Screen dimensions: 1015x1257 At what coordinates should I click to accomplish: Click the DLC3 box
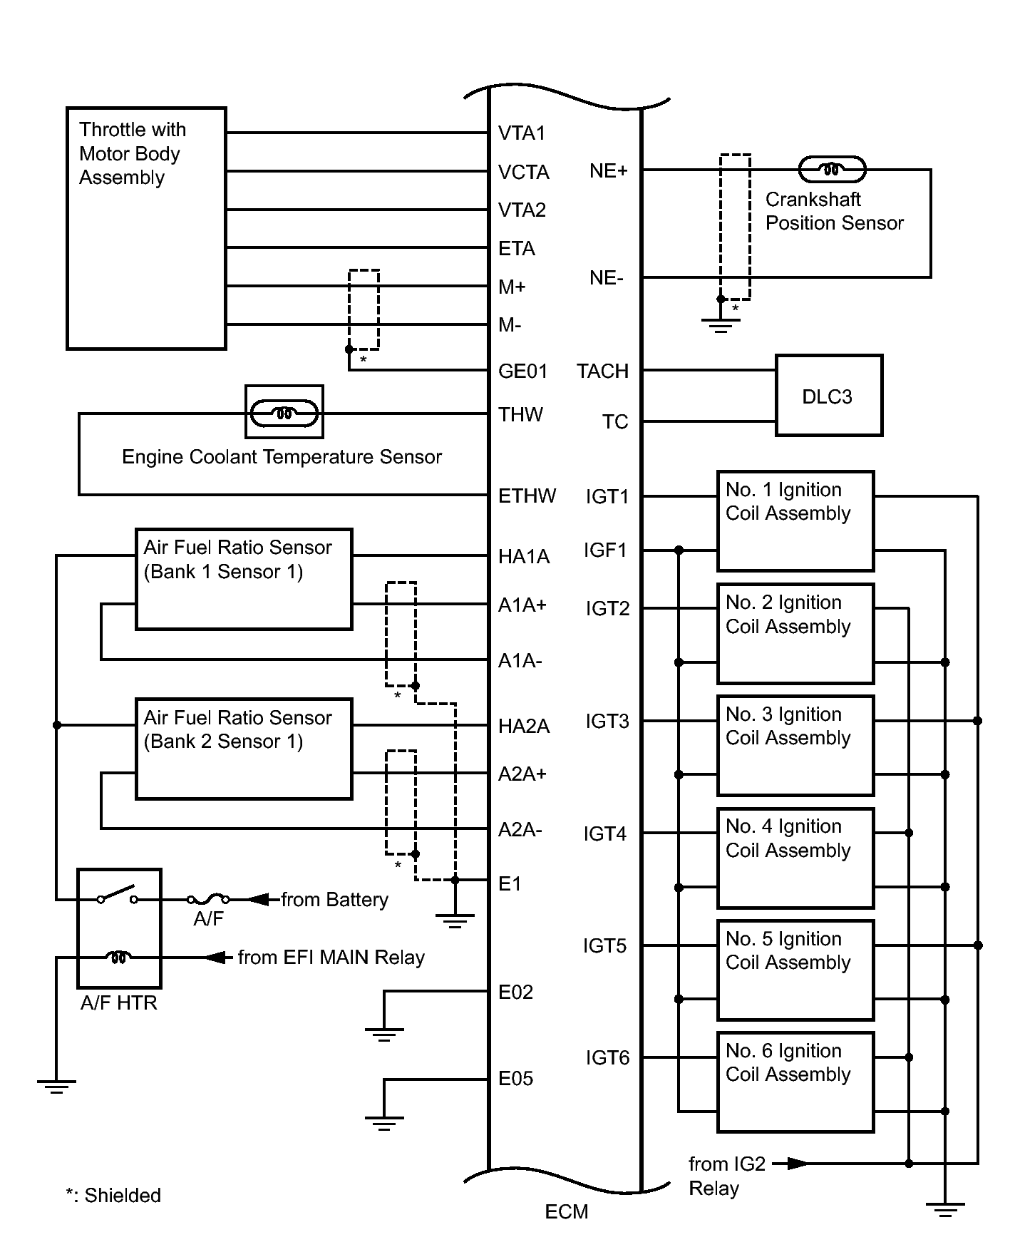pyautogui.click(x=829, y=395)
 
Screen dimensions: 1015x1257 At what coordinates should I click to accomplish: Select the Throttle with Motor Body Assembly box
pyautogui.click(x=146, y=228)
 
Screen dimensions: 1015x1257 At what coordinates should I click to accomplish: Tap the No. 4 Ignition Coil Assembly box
pyautogui.click(x=795, y=858)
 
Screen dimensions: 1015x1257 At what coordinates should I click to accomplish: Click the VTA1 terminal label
pyautogui.click(x=522, y=133)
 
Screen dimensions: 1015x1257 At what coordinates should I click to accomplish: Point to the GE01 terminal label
pyautogui.click(x=523, y=371)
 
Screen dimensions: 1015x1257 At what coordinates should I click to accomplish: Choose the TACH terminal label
pyautogui.click(x=603, y=371)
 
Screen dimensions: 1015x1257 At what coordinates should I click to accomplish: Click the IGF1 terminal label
pyautogui.click(x=605, y=550)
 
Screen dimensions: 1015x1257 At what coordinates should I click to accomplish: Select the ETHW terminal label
pyautogui.click(x=527, y=496)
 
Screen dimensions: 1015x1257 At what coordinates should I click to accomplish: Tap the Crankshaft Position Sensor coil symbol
pyautogui.click(x=832, y=170)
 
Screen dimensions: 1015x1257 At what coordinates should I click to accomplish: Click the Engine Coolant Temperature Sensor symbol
pyautogui.click(x=284, y=412)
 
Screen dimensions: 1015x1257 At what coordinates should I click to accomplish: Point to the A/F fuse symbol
pyautogui.click(x=208, y=900)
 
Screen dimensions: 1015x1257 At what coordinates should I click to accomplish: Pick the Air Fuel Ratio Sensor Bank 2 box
pyautogui.click(x=244, y=749)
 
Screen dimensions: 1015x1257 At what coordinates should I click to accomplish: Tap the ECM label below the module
pyautogui.click(x=567, y=1212)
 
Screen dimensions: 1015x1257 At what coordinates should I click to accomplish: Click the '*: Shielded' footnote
pyautogui.click(x=113, y=1195)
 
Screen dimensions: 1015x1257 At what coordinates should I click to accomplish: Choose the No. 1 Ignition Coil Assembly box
pyautogui.click(x=795, y=521)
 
